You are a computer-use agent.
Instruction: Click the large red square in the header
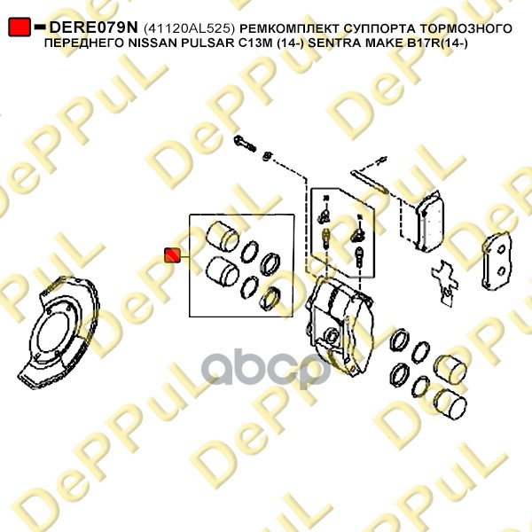pos(20,27)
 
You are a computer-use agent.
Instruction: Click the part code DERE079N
pos(94,27)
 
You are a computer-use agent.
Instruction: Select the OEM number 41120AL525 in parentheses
pos(190,29)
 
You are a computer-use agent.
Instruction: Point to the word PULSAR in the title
pos(201,43)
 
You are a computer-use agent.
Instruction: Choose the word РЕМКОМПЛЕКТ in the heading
pos(289,29)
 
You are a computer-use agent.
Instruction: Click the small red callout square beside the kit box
pos(172,255)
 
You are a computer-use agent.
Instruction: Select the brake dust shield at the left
pos(59,332)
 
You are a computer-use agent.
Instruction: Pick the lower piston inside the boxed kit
pos(223,271)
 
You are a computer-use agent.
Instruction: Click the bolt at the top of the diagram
pos(245,144)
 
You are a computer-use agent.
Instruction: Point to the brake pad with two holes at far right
pos(497,261)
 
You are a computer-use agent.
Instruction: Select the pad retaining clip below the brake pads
pos(445,283)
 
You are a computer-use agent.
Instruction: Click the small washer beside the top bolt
pos(268,156)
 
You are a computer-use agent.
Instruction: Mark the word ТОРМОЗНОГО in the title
pos(463,29)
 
